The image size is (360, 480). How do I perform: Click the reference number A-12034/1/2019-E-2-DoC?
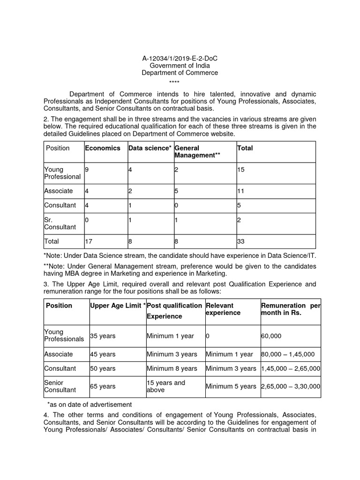coord(180,58)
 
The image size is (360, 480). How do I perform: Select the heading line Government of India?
coord(180,66)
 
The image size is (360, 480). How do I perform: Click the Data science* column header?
coord(150,148)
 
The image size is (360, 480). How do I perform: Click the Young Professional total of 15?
coord(241,169)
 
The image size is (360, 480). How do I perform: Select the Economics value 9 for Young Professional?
coord(87,169)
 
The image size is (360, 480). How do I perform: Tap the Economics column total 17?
coord(89,242)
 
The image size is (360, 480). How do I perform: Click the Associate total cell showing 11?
coord(241,191)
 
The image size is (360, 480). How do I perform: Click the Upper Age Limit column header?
coord(117,306)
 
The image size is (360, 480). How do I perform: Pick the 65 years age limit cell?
coord(103,387)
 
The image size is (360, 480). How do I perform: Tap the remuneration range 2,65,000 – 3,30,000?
coord(291,387)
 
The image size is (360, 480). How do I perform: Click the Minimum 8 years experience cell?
coord(172,369)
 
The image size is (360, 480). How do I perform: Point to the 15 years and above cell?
coord(166,386)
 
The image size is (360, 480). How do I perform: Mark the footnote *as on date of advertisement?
coord(90,405)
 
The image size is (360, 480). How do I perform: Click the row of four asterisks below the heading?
coord(180,81)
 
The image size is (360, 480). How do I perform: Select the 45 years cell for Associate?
coord(103,354)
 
